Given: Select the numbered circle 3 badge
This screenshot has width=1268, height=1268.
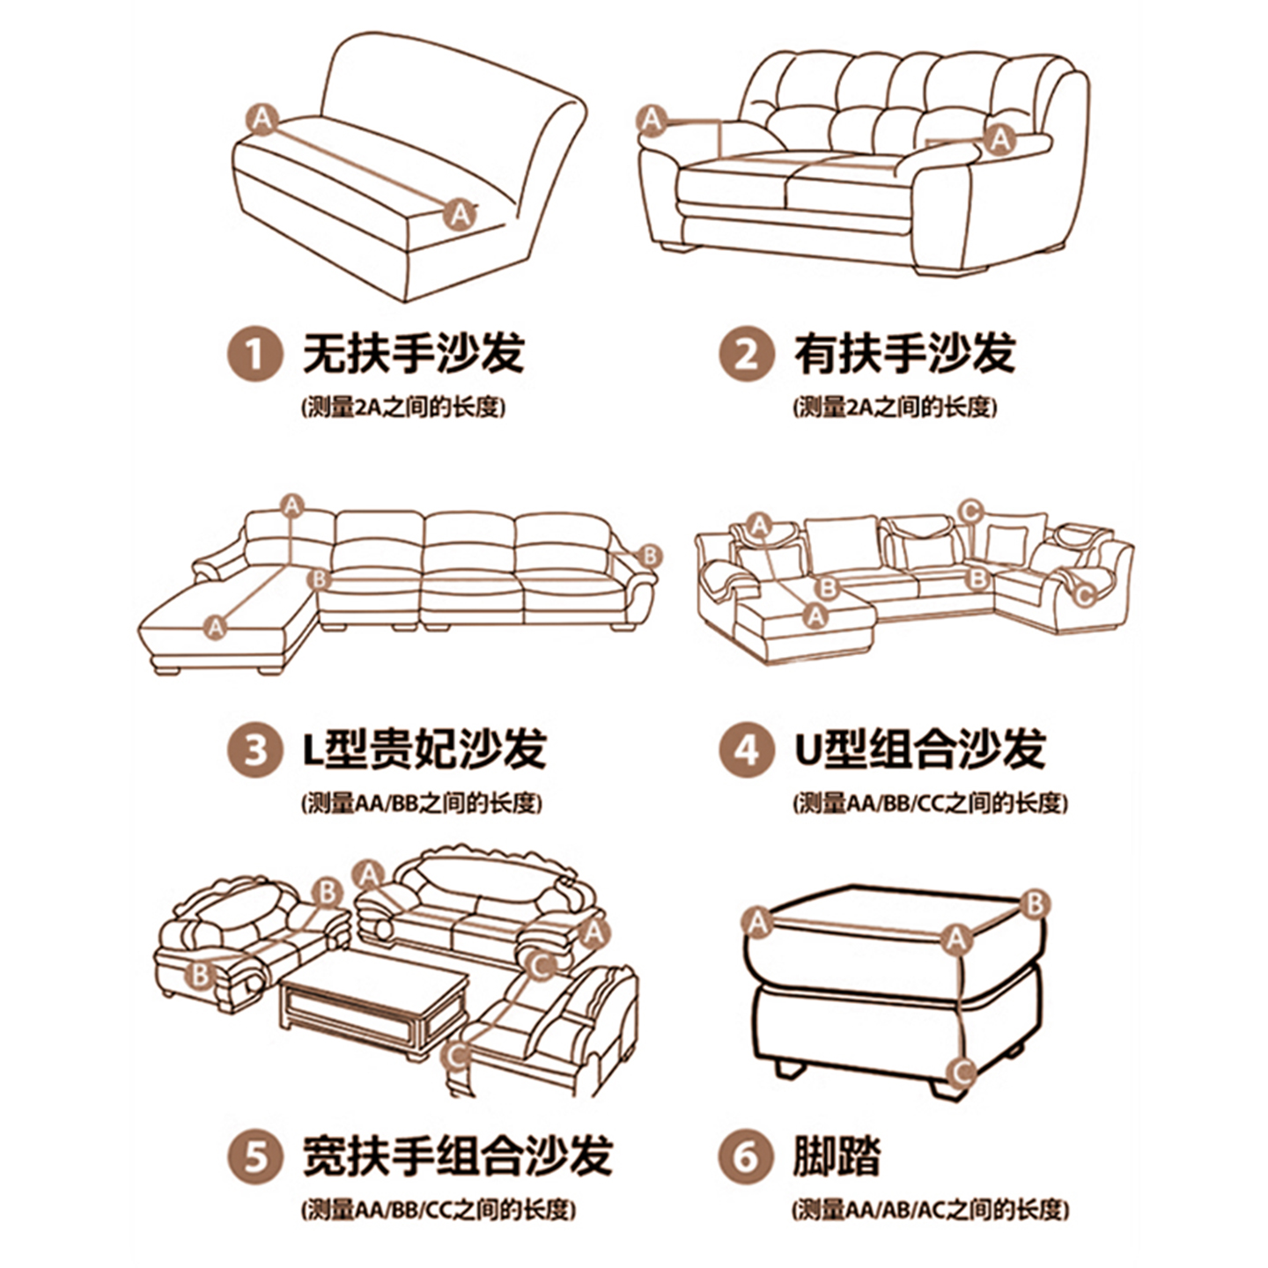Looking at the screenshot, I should click(x=254, y=750).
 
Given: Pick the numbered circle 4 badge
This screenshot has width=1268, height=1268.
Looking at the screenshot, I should click(x=746, y=750).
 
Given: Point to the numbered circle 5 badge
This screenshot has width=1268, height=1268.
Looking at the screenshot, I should click(x=254, y=1154).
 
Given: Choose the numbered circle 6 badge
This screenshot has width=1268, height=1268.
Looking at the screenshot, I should click(x=746, y=1154).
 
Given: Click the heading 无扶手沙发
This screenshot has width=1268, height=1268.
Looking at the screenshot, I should click(x=414, y=354).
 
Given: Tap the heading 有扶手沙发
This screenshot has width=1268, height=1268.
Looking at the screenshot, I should click(x=904, y=354).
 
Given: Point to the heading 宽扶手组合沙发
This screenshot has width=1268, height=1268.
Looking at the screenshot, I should click(x=457, y=1154).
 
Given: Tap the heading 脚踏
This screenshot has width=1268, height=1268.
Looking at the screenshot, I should click(x=837, y=1154).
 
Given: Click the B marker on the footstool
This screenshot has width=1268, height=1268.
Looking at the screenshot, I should click(x=1035, y=903).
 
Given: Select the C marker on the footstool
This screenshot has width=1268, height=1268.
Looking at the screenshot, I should click(x=962, y=1072).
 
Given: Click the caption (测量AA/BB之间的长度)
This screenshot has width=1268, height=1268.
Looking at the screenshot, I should click(x=422, y=803).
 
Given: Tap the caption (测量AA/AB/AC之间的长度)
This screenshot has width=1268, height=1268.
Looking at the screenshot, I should click(x=930, y=1210).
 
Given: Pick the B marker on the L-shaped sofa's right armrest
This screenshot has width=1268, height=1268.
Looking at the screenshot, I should click(x=649, y=556).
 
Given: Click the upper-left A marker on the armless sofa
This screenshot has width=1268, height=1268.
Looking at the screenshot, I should click(x=262, y=117).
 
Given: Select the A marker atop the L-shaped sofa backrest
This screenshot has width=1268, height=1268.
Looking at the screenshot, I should click(x=292, y=506).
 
